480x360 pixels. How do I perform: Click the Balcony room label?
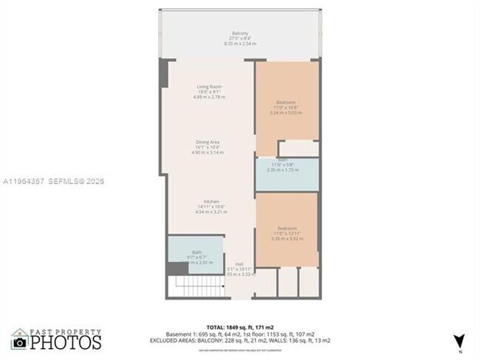[x=239, y=34]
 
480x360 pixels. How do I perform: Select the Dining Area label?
[x=209, y=142]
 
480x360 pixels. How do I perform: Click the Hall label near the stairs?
[x=239, y=263]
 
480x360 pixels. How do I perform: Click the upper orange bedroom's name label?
[x=287, y=101]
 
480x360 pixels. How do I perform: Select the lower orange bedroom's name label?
[x=287, y=228]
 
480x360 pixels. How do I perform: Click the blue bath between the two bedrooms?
[x=287, y=174]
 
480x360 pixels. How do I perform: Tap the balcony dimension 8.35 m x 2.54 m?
[x=239, y=44]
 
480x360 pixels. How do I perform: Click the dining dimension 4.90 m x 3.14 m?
[x=209, y=152]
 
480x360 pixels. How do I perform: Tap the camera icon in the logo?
[x=19, y=342]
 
